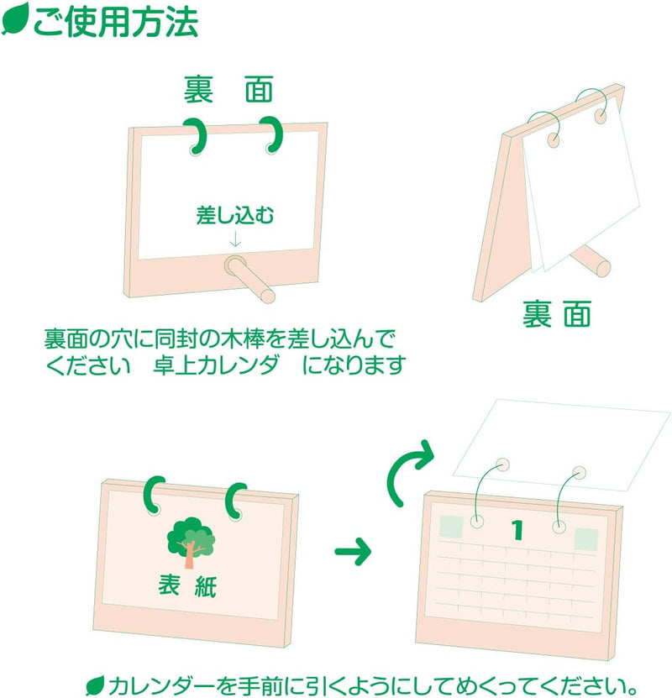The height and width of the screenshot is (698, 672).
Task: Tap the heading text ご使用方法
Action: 116,21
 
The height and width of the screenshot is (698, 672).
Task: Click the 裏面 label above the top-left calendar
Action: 228,90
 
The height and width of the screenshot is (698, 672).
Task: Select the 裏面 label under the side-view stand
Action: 557,314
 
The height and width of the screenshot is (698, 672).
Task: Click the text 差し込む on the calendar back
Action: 235,216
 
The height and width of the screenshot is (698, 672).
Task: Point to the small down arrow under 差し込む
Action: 235,239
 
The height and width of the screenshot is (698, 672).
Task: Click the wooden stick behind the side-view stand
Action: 591,261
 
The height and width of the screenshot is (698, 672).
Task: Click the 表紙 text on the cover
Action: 187,585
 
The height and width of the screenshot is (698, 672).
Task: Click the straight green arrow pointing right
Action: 353,551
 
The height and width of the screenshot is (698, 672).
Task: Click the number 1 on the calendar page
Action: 517,530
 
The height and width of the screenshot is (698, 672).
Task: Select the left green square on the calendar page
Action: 451,527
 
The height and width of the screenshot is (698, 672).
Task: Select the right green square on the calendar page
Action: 585,539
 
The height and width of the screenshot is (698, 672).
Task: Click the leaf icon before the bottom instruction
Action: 95,685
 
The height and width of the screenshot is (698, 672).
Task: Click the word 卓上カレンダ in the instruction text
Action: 215,365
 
